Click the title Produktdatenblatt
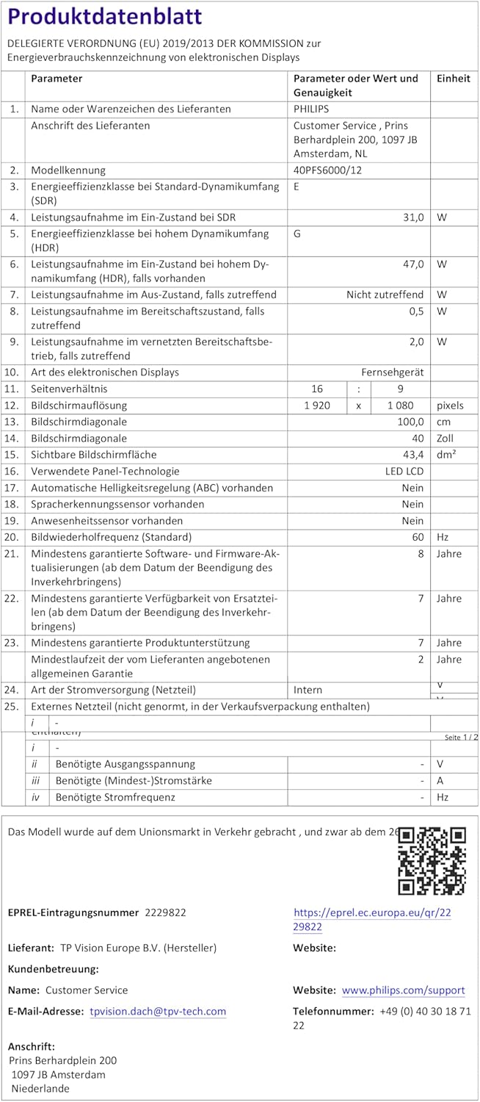click(x=105, y=17)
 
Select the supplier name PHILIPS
click(x=311, y=109)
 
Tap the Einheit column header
click(x=454, y=79)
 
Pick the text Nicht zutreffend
click(x=385, y=295)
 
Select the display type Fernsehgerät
click(x=392, y=372)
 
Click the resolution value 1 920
click(x=317, y=406)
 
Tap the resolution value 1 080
click(x=401, y=406)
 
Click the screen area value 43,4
click(x=412, y=455)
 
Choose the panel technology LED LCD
click(x=404, y=472)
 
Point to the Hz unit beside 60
click(x=443, y=538)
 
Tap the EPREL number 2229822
click(x=166, y=912)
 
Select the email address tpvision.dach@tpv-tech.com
click(x=158, y=1012)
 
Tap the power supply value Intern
click(x=308, y=691)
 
